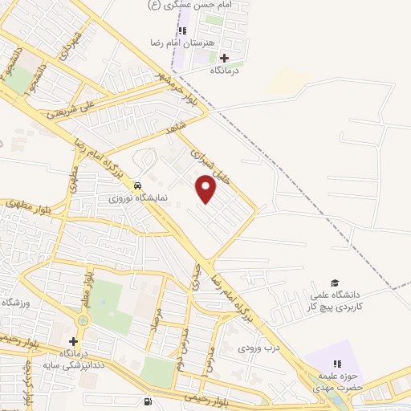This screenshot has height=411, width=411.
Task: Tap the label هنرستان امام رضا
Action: (178, 43)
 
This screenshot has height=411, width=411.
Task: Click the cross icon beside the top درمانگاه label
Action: (224, 58)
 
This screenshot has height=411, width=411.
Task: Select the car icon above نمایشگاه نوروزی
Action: (140, 182)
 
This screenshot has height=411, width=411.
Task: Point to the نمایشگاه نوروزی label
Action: (137, 195)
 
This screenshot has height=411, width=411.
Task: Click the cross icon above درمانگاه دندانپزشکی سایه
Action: (73, 341)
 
